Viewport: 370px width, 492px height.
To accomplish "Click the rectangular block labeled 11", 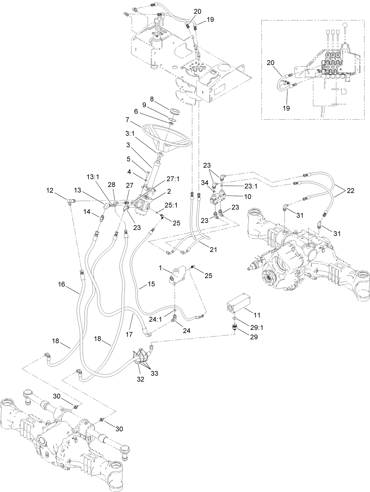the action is (x=238, y=302).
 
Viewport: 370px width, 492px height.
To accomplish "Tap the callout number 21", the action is (x=213, y=249).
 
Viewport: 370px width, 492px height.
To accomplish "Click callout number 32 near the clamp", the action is (x=140, y=379).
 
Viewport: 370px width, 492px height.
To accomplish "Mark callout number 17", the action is (x=129, y=334).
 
